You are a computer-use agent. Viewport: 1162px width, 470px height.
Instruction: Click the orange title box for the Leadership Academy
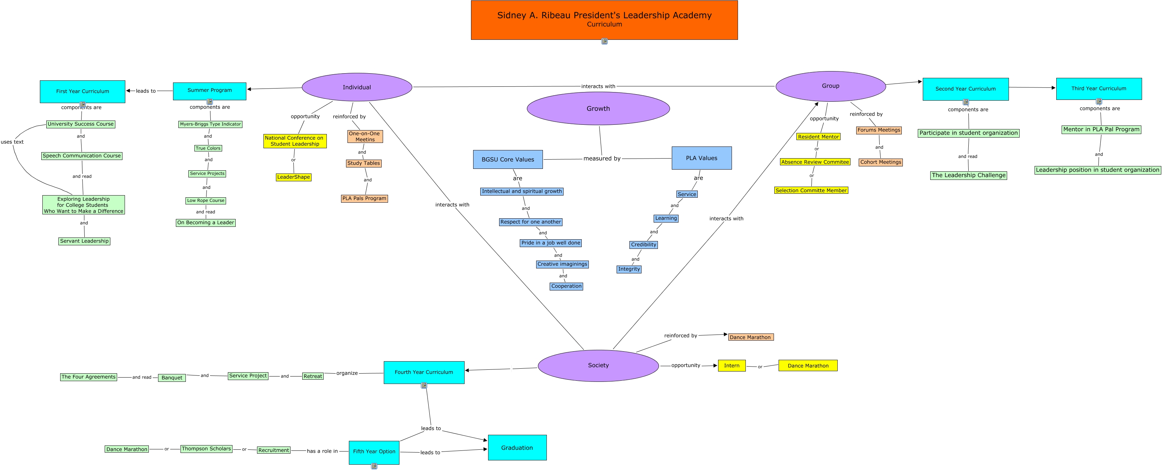click(x=604, y=20)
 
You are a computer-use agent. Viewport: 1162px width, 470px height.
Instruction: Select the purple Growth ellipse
click(x=598, y=108)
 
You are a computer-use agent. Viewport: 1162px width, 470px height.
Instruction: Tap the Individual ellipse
click(x=357, y=87)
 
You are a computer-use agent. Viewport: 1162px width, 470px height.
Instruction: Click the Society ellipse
click(x=598, y=365)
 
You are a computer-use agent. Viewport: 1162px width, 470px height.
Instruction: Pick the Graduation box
click(x=517, y=448)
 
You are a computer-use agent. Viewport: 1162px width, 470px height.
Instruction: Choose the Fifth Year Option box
click(x=374, y=452)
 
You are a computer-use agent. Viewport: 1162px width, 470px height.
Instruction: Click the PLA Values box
click(x=701, y=158)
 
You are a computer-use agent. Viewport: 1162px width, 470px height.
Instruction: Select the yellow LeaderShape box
click(x=294, y=177)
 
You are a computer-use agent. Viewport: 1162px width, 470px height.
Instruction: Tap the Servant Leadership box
click(x=84, y=241)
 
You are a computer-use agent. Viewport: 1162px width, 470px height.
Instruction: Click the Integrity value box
click(x=629, y=269)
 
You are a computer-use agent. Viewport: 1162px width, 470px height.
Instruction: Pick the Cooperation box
click(x=566, y=286)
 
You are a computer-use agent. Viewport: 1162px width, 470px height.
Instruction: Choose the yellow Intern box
click(x=732, y=365)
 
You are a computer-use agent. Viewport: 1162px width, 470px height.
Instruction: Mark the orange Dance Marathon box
click(x=750, y=337)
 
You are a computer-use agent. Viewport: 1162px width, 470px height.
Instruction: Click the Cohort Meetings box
click(x=880, y=162)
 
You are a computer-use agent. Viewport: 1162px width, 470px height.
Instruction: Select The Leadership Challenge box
click(x=968, y=175)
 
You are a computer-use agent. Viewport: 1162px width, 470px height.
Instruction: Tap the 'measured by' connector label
click(x=602, y=159)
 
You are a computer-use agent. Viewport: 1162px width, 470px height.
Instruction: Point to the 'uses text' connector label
click(x=12, y=142)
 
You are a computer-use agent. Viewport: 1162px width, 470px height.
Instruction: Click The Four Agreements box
click(x=88, y=377)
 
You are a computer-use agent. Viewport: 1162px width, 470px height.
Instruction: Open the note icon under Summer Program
click(x=210, y=102)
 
